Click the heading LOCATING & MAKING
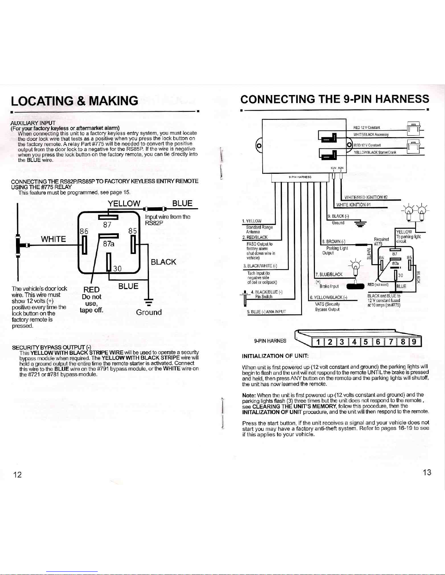click(74, 101)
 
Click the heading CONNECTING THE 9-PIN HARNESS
click(335, 99)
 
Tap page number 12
click(17, 475)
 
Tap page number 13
click(427, 472)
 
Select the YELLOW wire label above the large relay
click(124, 204)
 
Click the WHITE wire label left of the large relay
click(53, 239)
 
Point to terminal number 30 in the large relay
click(117, 268)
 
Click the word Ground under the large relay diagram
click(149, 312)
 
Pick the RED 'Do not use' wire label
click(92, 289)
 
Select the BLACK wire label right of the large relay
click(163, 262)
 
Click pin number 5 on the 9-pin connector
click(365, 342)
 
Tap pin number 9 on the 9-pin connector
click(414, 342)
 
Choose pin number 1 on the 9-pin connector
click(318, 342)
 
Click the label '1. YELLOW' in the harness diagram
click(252, 221)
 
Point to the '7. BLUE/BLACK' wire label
click(329, 274)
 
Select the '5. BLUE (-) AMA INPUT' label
click(266, 312)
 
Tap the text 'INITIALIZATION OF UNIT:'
click(275, 356)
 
